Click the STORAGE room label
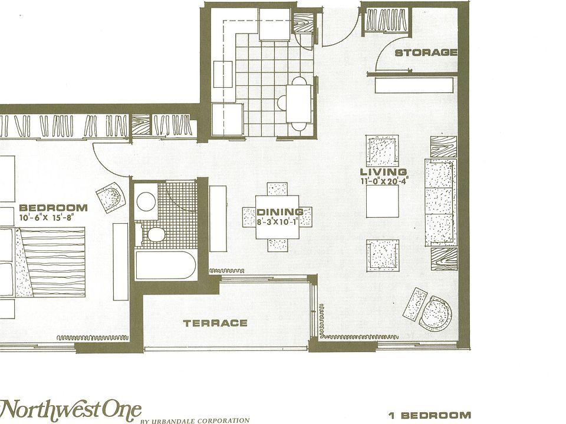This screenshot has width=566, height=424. [426, 52]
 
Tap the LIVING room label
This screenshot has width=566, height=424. [383, 172]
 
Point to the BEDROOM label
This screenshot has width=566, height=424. [53, 207]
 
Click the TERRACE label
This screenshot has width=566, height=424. [215, 323]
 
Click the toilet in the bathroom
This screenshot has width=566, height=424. [154, 235]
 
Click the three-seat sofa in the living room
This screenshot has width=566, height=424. [439, 201]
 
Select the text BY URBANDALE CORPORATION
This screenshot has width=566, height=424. [195, 420]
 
